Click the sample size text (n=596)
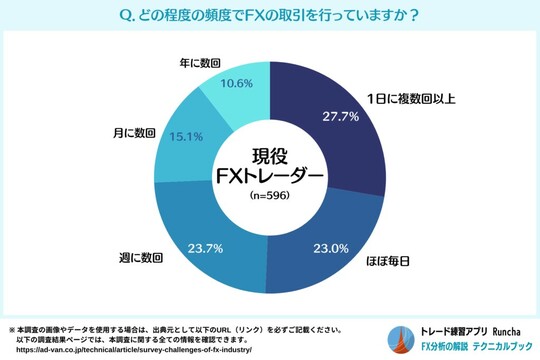coord(270,198)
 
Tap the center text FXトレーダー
coord(270,176)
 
